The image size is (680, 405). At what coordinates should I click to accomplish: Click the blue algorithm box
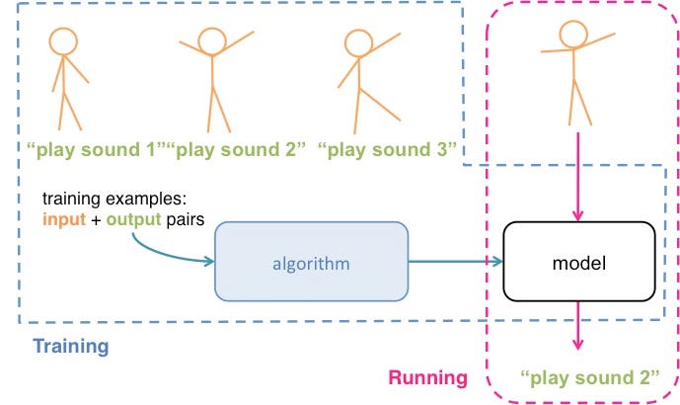pyautogui.click(x=311, y=261)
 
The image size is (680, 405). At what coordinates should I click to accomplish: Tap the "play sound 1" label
pyautogui.click(x=96, y=151)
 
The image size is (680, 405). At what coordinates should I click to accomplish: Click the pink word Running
pyautogui.click(x=427, y=377)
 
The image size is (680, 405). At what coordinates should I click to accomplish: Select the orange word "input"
pyautogui.click(x=62, y=219)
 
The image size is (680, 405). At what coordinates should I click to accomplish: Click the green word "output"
pyautogui.click(x=132, y=219)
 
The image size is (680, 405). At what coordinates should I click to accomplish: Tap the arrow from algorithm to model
pyautogui.click(x=455, y=262)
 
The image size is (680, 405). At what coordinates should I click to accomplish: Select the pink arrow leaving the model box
pyautogui.click(x=578, y=326)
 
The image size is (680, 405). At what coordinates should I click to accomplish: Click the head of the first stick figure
pyautogui.click(x=64, y=40)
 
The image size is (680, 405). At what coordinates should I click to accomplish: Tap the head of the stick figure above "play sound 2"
pyautogui.click(x=210, y=40)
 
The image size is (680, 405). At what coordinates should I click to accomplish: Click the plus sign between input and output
pyautogui.click(x=96, y=219)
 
